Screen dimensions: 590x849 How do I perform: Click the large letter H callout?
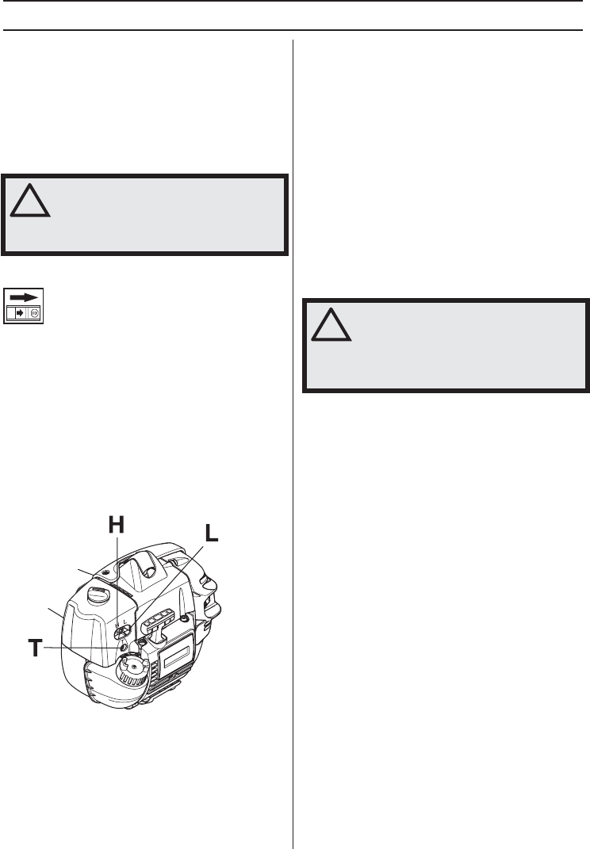point(117,525)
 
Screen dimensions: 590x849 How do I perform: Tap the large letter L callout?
point(211,533)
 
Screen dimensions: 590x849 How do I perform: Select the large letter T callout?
point(35,648)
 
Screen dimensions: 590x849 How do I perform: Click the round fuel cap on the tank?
point(98,595)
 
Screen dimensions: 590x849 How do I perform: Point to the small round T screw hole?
point(123,647)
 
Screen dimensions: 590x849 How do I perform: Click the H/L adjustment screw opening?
point(123,631)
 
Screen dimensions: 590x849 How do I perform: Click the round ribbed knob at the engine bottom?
point(132,670)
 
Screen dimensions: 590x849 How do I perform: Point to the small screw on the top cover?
point(105,572)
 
